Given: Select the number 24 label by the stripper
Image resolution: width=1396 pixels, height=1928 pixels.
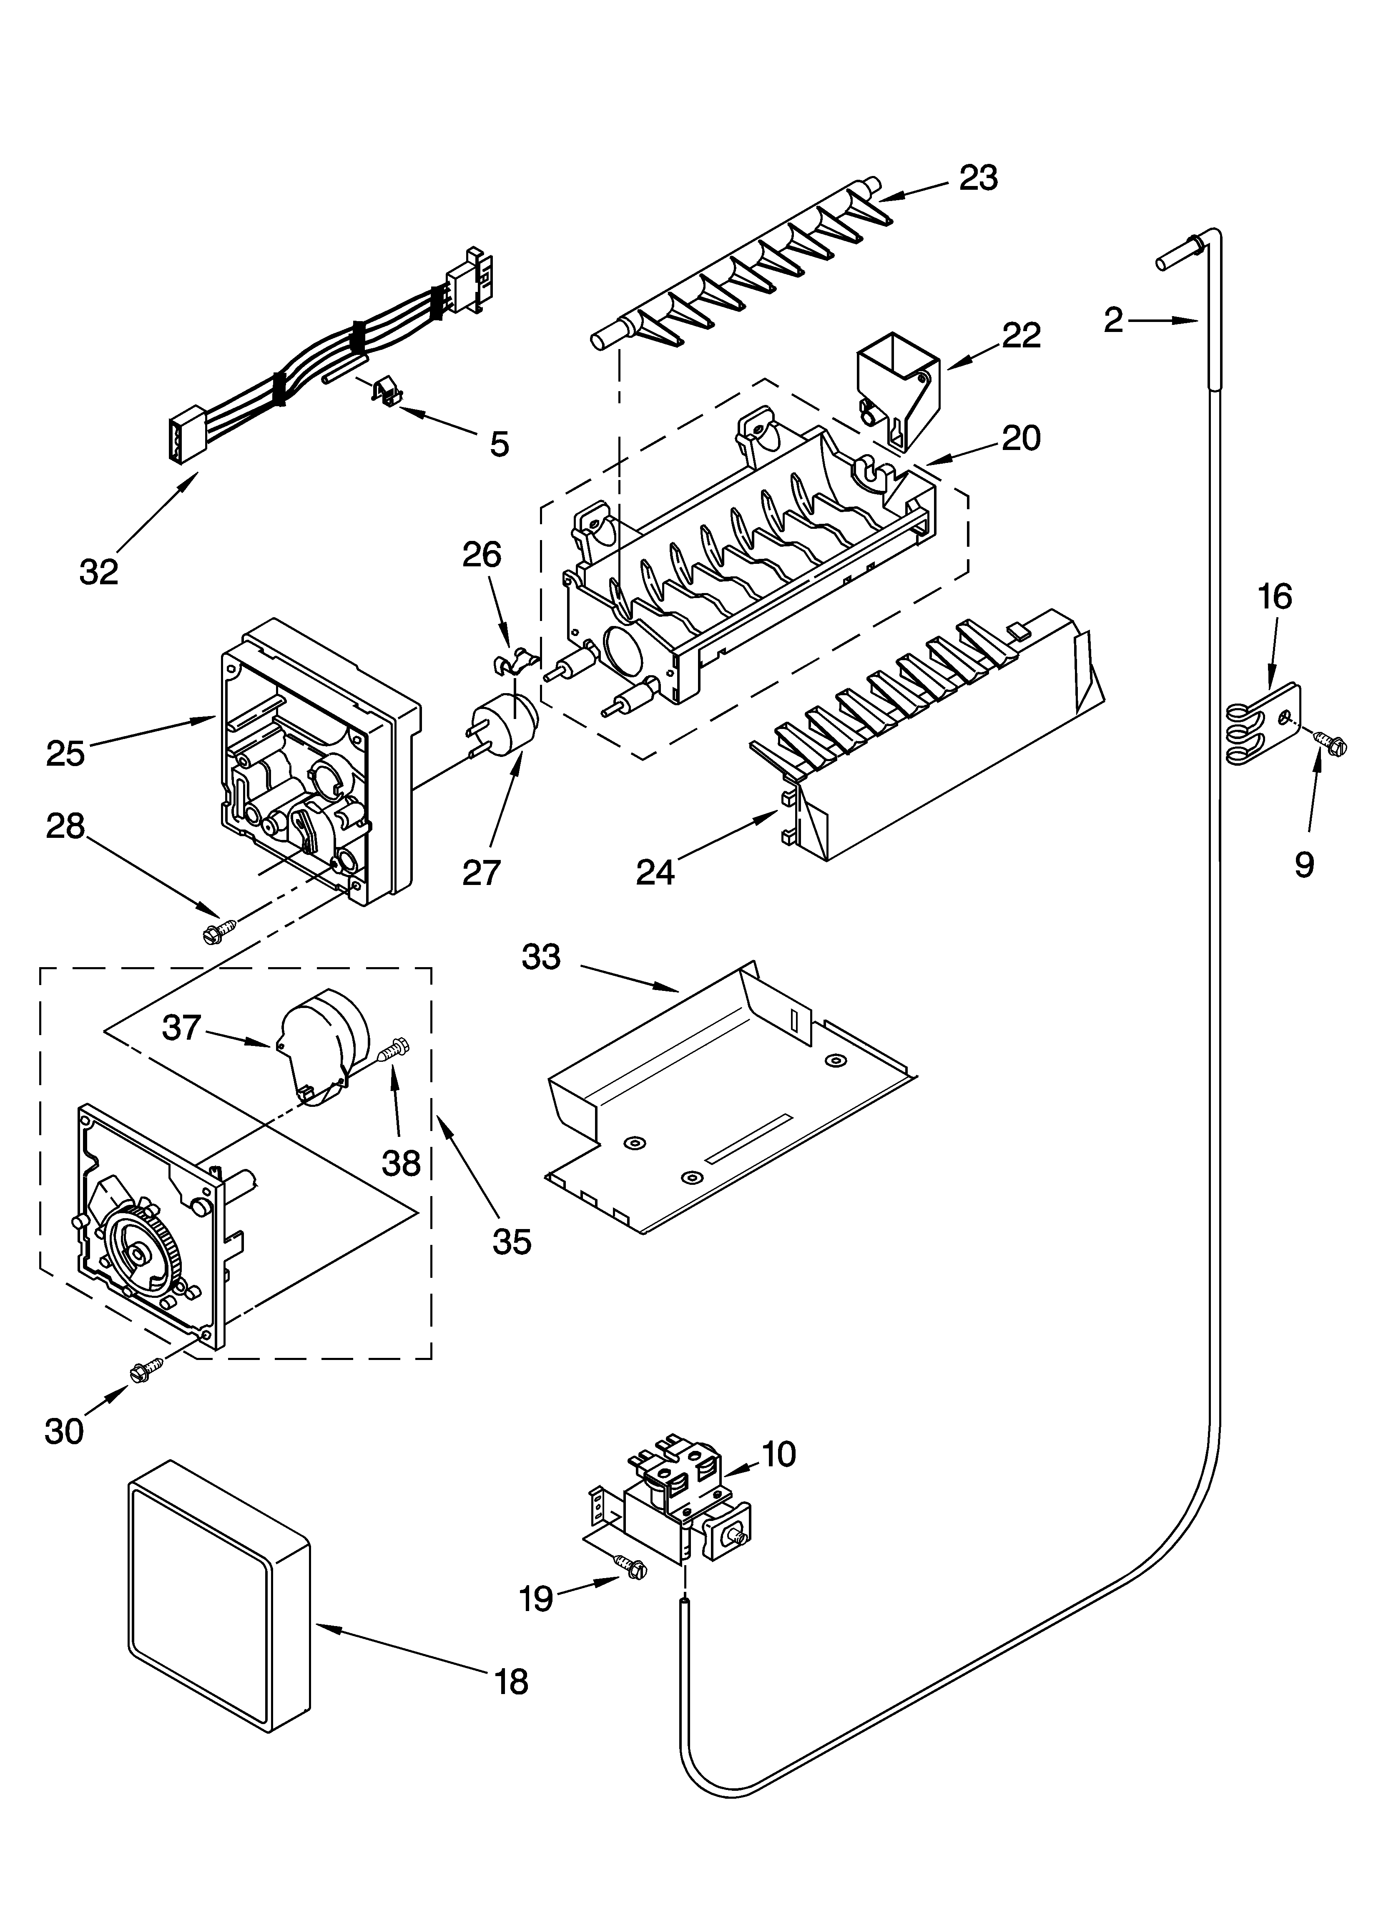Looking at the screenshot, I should [655, 871].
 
